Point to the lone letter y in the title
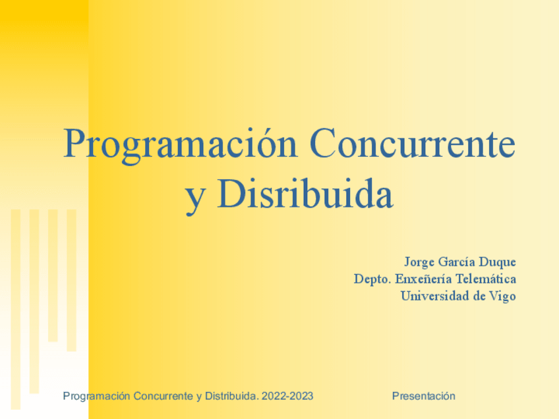pyautogui.click(x=194, y=197)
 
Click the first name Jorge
pyautogui.click(x=420, y=262)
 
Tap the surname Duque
pyautogui.click(x=500, y=262)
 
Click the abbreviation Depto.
pyautogui.click(x=371, y=279)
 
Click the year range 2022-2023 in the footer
pyautogui.click(x=287, y=396)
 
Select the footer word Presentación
pyautogui.click(x=424, y=396)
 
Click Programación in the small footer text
pyautogui.click(x=96, y=396)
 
